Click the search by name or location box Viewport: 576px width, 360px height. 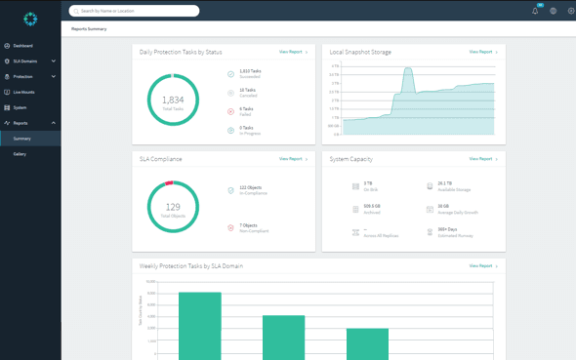135,11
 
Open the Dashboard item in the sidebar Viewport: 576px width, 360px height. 22,46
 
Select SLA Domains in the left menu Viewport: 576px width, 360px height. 25,61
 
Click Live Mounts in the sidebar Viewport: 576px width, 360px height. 23,92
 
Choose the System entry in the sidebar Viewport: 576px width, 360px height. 20,107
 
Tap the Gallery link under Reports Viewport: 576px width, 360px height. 20,154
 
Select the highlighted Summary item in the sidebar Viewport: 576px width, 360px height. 21,139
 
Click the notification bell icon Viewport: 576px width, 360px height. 535,11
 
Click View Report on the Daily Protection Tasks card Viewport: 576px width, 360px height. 292,52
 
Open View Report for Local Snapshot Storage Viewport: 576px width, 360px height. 482,52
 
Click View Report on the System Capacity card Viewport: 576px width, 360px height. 482,159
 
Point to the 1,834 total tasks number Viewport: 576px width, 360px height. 173,100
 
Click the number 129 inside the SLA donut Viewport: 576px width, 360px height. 173,206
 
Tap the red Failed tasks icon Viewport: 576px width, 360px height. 231,111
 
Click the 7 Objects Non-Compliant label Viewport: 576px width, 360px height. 249,225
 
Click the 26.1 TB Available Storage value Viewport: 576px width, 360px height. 444,183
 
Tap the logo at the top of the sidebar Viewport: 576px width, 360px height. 30,19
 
